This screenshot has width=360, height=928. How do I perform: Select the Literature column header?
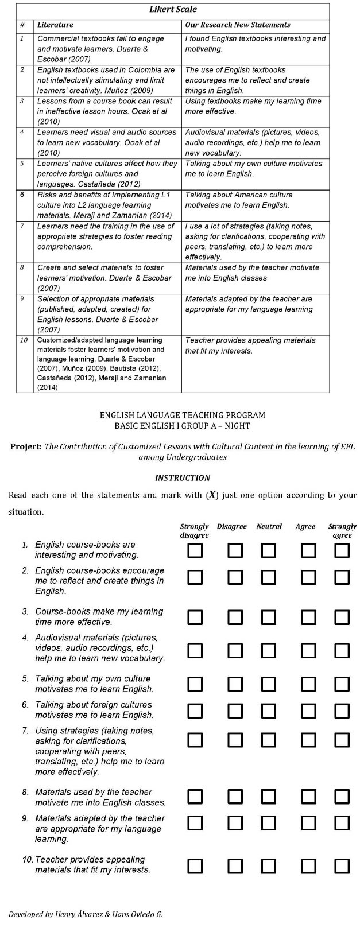pos(55,25)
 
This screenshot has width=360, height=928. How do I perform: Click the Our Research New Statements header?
pos(237,25)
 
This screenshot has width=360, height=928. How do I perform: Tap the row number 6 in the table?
pos(22,195)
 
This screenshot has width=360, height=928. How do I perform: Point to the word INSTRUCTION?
pos(183,477)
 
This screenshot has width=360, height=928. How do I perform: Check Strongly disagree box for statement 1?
pos(195,551)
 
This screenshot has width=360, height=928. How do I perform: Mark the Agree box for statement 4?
pos(308,650)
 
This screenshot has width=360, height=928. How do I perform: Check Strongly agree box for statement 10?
pos(342,866)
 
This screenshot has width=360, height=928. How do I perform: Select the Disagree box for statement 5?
pos(234,684)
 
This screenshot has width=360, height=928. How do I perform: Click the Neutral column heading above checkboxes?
pos(269,526)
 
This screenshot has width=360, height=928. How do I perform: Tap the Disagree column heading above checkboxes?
pos(231,526)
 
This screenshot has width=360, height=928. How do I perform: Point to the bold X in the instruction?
pos(212,495)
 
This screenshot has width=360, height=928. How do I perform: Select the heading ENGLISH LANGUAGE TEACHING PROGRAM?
pos(183,415)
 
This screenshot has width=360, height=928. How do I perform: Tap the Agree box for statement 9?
pos(308,823)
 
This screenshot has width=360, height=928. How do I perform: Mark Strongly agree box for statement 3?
pos(342,618)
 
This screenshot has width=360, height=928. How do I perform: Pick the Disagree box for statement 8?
pos(234,797)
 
